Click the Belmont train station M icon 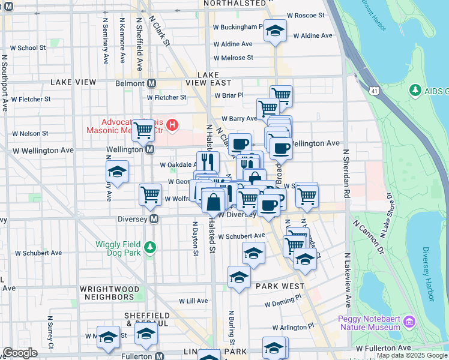point(152,83)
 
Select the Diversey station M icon point(154,219)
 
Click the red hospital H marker point(172,125)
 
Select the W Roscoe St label point(306,15)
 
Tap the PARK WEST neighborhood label point(280,287)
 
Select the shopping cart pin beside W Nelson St point(143,129)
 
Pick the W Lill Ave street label point(193,301)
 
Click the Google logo point(20,353)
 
